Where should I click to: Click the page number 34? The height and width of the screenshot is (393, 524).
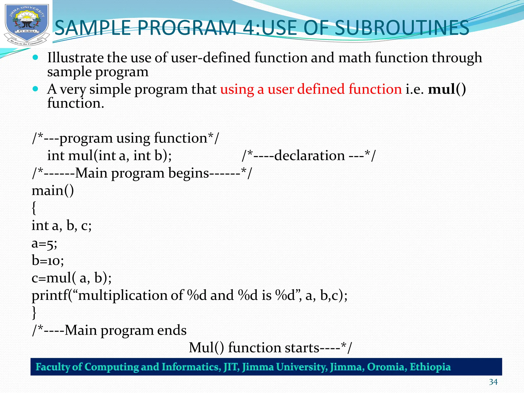click(x=493, y=382)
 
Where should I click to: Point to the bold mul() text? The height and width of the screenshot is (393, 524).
click(x=447, y=89)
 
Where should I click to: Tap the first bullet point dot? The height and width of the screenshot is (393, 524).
click(x=36, y=57)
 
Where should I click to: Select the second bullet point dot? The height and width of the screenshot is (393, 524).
click(x=36, y=89)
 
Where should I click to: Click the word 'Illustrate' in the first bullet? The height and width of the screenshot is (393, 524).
click(x=75, y=58)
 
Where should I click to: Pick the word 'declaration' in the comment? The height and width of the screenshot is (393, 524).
click(x=309, y=156)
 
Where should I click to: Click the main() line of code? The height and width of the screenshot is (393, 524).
click(x=53, y=191)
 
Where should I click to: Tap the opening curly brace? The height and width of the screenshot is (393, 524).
click(x=34, y=208)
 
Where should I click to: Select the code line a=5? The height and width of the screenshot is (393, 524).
click(x=44, y=243)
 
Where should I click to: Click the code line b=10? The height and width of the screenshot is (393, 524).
click(x=48, y=261)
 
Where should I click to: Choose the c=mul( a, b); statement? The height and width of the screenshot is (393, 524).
click(x=72, y=278)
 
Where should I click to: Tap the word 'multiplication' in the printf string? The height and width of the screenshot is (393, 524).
click(x=123, y=296)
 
